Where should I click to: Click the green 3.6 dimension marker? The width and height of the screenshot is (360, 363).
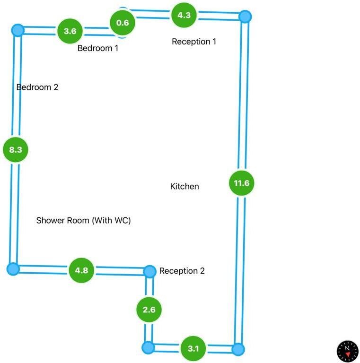[x=70, y=31]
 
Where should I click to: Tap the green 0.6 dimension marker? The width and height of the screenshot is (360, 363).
[x=123, y=23]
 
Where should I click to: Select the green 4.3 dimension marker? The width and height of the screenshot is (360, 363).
[x=184, y=15]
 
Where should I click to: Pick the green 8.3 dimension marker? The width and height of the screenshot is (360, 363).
[x=16, y=149]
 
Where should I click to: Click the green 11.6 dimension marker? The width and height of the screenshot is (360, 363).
[x=242, y=183]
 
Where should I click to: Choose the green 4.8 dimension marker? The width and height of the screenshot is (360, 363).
[x=81, y=270]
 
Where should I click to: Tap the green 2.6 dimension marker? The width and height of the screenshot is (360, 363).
[x=149, y=310]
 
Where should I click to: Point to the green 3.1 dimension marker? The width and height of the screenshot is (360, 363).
[x=193, y=348]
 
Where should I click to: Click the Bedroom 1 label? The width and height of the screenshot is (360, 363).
[x=98, y=48]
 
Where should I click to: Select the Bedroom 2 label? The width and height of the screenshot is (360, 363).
[x=37, y=87]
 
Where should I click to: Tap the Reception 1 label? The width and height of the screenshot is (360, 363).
[x=194, y=42]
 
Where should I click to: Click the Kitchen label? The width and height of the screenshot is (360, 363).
[x=184, y=186]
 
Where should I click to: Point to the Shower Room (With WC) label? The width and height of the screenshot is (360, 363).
[x=83, y=220]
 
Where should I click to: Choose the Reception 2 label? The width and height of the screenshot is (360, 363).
[x=182, y=271]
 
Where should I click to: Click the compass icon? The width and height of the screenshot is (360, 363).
[x=348, y=351]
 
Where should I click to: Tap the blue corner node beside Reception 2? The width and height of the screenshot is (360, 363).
[x=149, y=272]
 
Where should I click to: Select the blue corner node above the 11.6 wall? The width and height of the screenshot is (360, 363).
[x=245, y=17]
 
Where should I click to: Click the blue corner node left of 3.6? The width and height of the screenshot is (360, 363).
[x=18, y=30]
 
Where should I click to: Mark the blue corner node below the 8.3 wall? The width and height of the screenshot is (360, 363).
[x=13, y=269]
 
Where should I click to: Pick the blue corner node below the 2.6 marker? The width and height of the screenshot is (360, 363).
[x=148, y=347]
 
